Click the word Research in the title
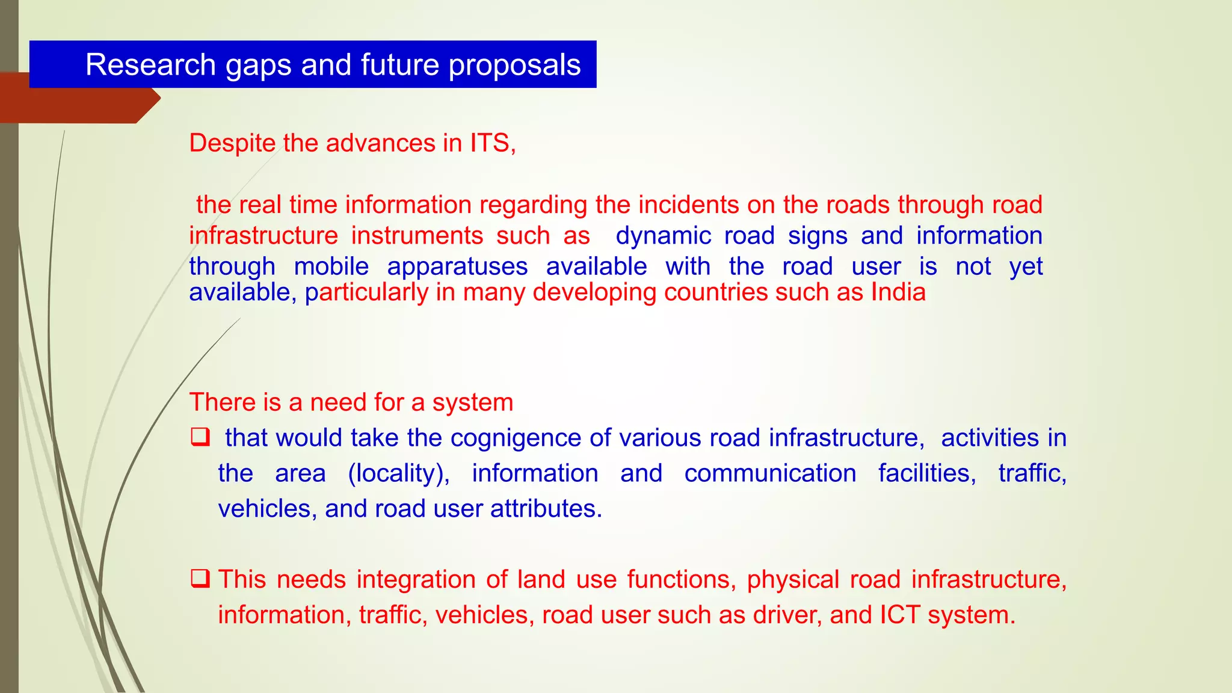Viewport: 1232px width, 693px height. point(150,64)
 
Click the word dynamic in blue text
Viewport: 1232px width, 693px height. point(663,236)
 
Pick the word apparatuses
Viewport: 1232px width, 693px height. point(457,266)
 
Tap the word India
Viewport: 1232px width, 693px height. point(898,292)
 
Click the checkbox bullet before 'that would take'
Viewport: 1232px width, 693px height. point(200,437)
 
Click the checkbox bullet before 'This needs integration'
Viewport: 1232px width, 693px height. point(200,579)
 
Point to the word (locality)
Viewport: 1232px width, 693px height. point(399,473)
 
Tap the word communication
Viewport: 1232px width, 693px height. point(770,473)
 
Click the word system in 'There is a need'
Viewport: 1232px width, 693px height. point(472,403)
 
